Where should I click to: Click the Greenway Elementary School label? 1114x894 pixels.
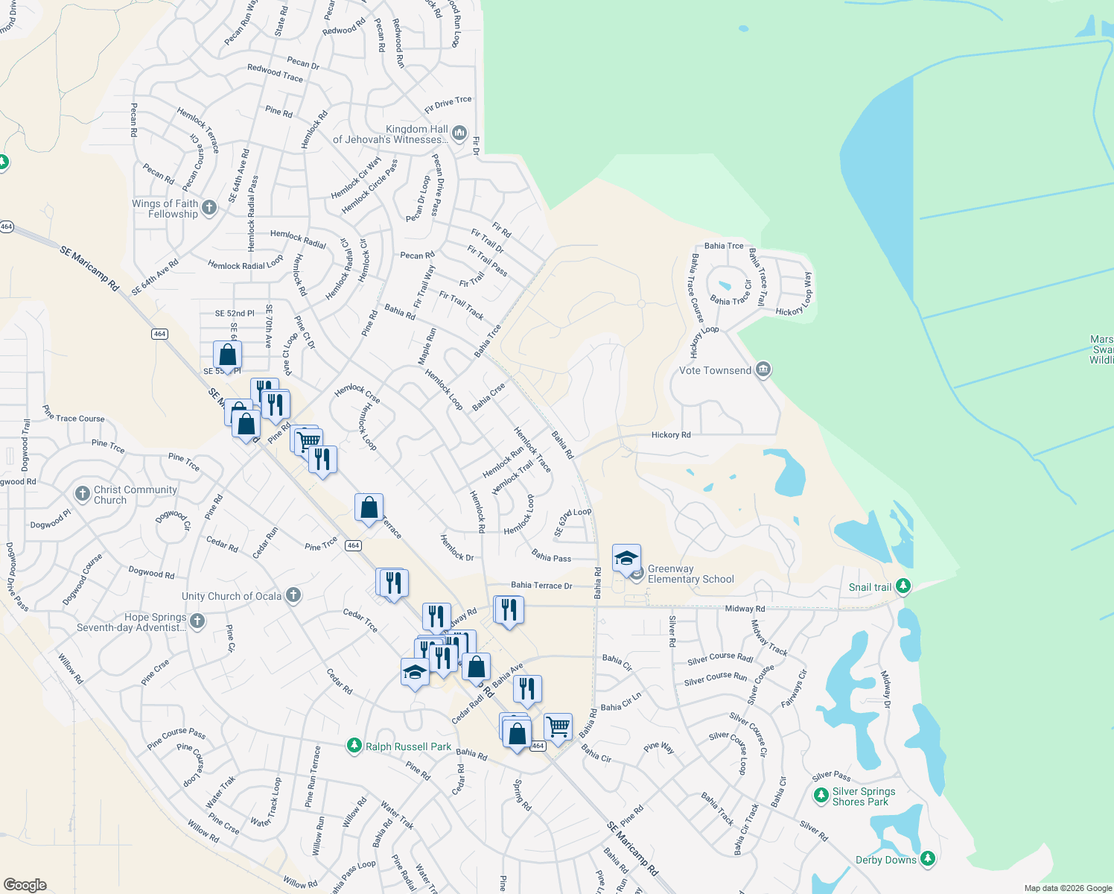tap(690, 574)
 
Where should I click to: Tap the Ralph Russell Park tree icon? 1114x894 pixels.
tap(354, 746)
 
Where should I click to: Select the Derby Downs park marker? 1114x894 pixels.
tap(927, 860)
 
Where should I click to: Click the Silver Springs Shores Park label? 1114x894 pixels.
tap(863, 796)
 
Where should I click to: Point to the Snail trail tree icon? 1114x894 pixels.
tap(903, 587)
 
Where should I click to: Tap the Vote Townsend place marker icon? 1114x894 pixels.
tap(763, 370)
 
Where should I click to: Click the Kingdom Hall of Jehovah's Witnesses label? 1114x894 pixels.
tap(392, 134)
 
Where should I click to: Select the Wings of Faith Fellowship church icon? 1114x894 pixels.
tap(209, 208)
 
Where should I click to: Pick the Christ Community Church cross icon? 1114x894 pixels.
tap(83, 494)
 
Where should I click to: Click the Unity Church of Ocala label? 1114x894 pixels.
tap(232, 596)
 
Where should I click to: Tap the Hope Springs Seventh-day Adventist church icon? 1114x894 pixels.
tap(197, 621)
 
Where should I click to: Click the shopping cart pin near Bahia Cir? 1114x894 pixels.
tap(558, 726)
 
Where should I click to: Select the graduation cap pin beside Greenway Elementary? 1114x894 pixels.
tap(626, 558)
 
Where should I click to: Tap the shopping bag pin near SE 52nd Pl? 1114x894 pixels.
tap(227, 355)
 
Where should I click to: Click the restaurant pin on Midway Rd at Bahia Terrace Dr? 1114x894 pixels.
tap(509, 610)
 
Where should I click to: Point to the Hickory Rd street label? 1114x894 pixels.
tap(670, 435)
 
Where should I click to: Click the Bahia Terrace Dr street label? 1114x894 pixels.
tap(541, 586)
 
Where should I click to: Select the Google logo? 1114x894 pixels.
tap(25, 884)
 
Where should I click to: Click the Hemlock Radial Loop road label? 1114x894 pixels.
tap(245, 264)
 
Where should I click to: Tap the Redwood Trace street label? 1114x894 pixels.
tap(275, 72)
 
